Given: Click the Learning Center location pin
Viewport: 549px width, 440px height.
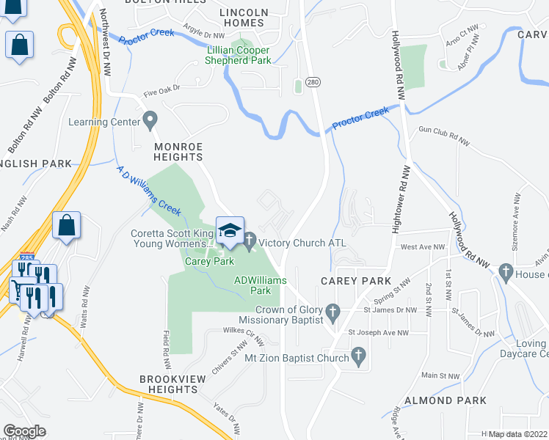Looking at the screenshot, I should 150,118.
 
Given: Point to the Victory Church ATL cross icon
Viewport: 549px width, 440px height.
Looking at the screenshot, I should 250,239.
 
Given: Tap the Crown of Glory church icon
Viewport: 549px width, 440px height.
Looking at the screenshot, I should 332,312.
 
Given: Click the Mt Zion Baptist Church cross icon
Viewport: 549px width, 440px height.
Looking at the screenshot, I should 358,357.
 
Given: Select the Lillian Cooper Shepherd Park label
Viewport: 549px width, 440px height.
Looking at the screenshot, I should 239,56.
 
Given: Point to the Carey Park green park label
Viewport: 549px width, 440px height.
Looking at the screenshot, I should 209,261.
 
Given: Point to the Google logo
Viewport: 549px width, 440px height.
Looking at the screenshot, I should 24,431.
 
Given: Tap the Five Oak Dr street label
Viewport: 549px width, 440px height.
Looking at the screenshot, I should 161,93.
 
